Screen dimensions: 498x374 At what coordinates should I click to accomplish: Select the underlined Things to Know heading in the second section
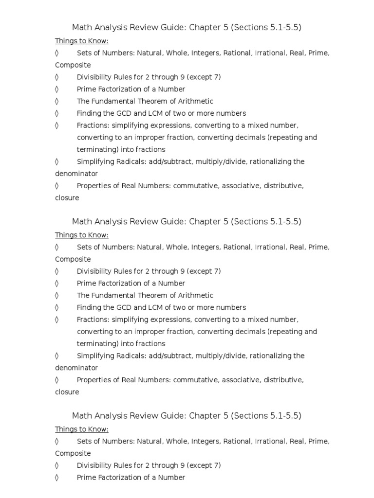(x=81, y=235)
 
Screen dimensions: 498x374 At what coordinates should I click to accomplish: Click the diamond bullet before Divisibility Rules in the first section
(x=57, y=77)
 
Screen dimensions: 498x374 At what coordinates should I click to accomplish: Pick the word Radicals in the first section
(x=129, y=161)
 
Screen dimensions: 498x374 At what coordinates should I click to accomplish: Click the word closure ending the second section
(x=67, y=392)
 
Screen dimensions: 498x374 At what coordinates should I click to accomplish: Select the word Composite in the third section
(x=73, y=453)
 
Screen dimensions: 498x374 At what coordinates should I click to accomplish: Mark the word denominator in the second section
(x=76, y=368)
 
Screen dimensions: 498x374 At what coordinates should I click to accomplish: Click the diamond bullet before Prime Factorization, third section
(x=57, y=478)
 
